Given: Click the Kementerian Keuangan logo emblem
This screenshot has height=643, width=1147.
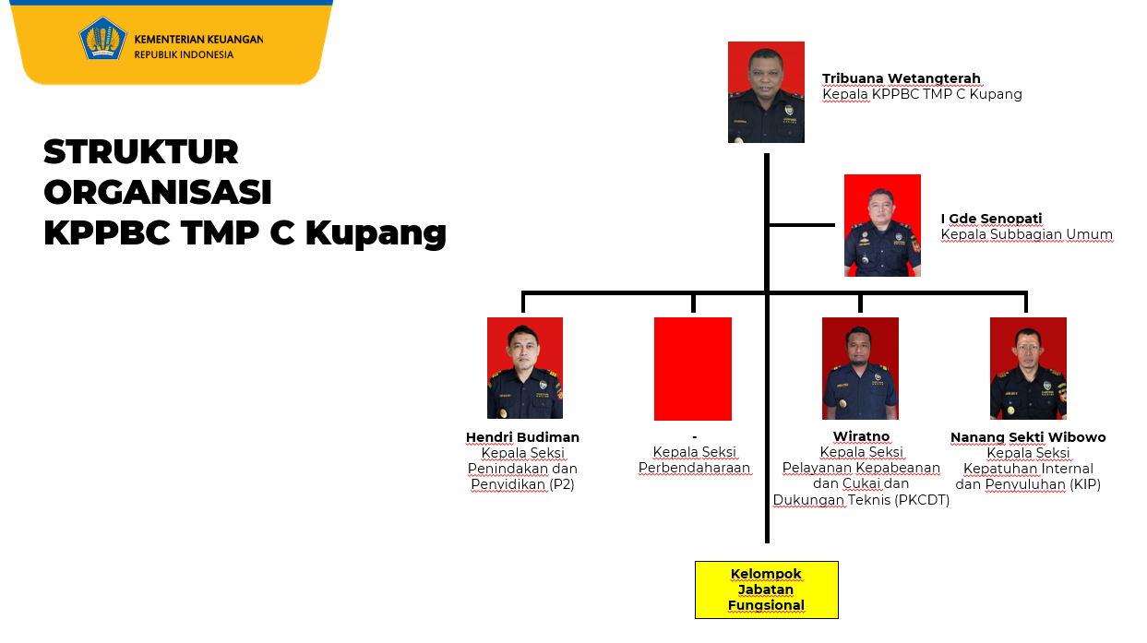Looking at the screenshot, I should [x=102, y=40].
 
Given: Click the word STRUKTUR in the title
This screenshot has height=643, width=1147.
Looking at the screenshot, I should [x=141, y=151].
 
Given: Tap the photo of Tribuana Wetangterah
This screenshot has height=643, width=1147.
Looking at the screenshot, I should [x=766, y=92].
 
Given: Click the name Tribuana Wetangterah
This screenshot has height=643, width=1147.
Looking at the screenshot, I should [x=901, y=78].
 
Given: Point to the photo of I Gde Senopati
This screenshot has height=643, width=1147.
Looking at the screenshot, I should [x=882, y=225].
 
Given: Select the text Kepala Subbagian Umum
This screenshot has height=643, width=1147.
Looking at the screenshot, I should [x=1026, y=235].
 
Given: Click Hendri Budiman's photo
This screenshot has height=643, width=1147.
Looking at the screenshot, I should [x=525, y=368].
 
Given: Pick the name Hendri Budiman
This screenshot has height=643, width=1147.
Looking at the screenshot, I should [x=522, y=437].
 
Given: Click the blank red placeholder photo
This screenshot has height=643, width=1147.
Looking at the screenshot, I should [x=693, y=369].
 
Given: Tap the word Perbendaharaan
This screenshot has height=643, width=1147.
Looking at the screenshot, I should [x=694, y=469].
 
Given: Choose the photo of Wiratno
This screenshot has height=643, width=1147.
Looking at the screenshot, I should [x=860, y=368].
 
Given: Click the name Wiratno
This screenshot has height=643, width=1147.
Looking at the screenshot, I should [x=861, y=437].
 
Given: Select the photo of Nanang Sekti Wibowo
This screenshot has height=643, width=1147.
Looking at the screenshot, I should [x=1028, y=368].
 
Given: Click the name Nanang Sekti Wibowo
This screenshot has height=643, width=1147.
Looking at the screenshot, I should [x=1028, y=437].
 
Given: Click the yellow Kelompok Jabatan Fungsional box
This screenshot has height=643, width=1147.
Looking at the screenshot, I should [x=766, y=589].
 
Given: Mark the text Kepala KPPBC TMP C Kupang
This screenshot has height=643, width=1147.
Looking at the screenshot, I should [x=922, y=94].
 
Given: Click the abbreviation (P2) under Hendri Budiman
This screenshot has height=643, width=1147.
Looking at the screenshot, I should [x=562, y=484].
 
